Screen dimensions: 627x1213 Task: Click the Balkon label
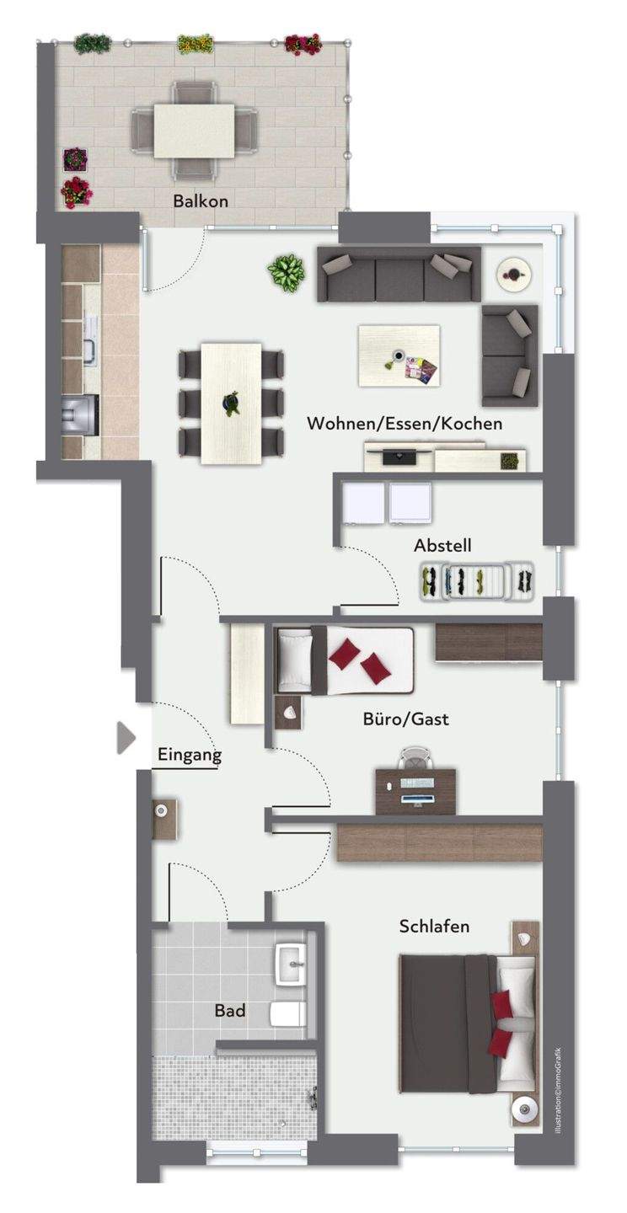(x=201, y=201)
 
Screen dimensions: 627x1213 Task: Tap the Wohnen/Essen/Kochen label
(x=405, y=424)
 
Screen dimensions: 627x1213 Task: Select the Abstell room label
(x=442, y=545)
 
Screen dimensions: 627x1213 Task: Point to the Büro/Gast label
(x=406, y=719)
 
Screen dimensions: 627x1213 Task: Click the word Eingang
(x=190, y=755)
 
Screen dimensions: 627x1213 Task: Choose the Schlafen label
(x=434, y=927)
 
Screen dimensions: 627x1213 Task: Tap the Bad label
(x=230, y=1011)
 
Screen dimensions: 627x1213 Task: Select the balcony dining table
(x=194, y=131)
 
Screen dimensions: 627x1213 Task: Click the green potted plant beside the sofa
(x=286, y=272)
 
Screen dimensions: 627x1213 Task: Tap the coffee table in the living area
(x=399, y=355)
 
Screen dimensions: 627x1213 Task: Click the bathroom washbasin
(x=291, y=965)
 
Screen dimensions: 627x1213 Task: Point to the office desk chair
(x=416, y=759)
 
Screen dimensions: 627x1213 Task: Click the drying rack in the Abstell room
(x=477, y=581)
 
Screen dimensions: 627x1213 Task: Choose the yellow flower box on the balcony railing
(x=195, y=43)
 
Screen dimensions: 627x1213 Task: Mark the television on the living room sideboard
(x=398, y=456)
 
